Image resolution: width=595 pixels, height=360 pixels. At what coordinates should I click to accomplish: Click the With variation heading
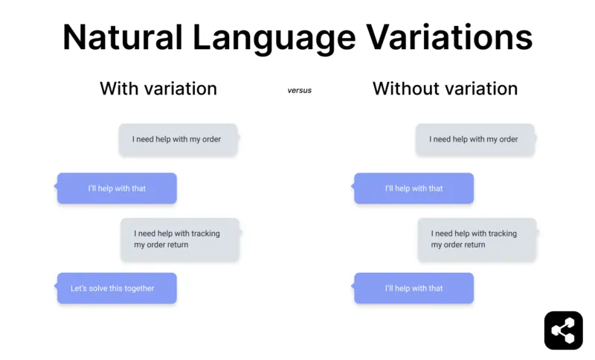pos(158,89)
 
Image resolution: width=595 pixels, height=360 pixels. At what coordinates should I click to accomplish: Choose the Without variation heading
pos(445,89)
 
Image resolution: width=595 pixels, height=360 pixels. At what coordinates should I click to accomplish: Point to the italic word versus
pos(300,91)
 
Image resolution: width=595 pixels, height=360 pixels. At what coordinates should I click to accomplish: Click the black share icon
pos(563,330)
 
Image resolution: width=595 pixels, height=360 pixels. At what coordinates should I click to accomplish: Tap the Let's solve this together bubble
pos(117,289)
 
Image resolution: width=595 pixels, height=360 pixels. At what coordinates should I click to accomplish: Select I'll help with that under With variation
pos(117,189)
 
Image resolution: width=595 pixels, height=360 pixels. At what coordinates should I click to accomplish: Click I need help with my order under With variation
pos(178,139)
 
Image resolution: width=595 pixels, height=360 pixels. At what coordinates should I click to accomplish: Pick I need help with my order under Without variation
pos(475,139)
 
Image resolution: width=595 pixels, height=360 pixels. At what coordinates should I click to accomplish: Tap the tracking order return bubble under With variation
pos(179,239)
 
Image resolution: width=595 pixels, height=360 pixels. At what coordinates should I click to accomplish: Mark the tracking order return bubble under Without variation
pos(476,239)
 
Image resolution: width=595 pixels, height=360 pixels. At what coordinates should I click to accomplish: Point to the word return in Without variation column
pos(473,245)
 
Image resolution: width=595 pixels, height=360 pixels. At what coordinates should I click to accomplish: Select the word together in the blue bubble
pos(138,289)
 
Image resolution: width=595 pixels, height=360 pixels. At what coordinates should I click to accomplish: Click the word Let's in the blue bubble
pos(79,289)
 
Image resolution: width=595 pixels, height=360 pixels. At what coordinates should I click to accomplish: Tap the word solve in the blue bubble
pos(99,289)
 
